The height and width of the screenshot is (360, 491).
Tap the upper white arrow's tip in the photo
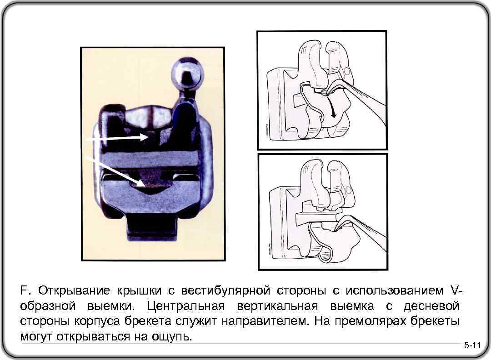(x=148, y=137)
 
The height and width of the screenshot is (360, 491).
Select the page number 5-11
(x=472, y=345)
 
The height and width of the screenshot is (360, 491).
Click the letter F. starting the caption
(x=25, y=290)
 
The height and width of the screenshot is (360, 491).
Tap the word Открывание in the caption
(x=74, y=291)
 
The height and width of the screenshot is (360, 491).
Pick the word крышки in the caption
(x=140, y=291)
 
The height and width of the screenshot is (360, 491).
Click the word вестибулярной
(x=226, y=291)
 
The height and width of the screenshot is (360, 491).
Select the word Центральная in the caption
(x=185, y=306)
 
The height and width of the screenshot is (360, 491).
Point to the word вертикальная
(x=277, y=306)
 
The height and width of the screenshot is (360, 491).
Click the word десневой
(x=431, y=306)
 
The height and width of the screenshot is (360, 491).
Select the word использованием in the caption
(x=395, y=291)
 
